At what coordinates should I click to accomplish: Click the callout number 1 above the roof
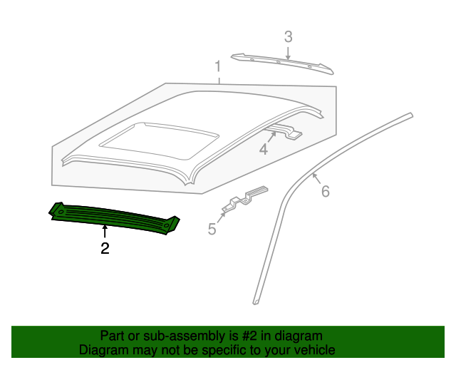(218, 66)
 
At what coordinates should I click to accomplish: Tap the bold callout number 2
(105, 248)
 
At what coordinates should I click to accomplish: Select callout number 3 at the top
(288, 37)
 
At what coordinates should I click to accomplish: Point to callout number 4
(264, 150)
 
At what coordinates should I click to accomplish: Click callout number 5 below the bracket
(212, 229)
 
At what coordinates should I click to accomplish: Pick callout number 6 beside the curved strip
(326, 192)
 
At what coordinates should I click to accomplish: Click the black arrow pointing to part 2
(105, 232)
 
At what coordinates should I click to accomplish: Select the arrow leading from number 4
(271, 138)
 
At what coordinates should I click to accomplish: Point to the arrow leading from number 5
(222, 217)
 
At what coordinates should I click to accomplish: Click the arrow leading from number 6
(316, 178)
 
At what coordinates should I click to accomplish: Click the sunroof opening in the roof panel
(159, 141)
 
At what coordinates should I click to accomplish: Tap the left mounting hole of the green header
(61, 212)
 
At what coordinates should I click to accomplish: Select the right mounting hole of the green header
(166, 225)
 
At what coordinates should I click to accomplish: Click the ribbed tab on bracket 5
(257, 190)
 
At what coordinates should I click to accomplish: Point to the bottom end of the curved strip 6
(256, 303)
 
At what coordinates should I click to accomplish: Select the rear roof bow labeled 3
(282, 63)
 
